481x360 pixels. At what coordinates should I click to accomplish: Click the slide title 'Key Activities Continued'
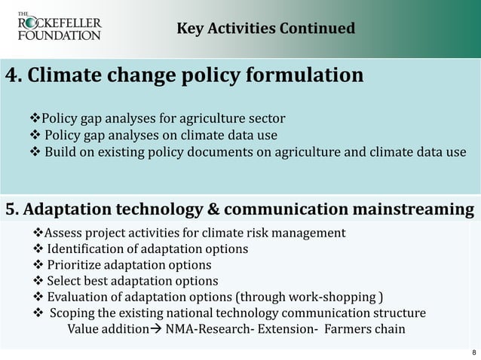tap(265, 29)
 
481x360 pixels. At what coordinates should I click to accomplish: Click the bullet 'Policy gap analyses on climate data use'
tap(160, 136)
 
